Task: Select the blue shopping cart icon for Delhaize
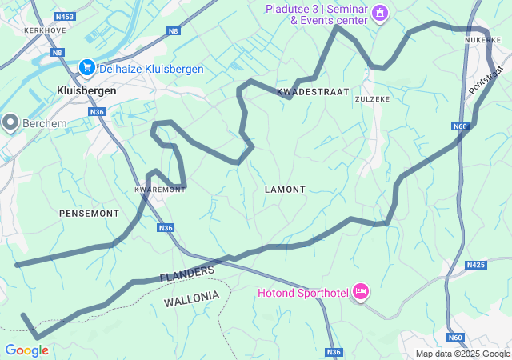tap(87, 69)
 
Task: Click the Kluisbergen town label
tap(86, 91)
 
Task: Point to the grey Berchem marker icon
tap(10, 122)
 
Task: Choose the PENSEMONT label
tap(89, 214)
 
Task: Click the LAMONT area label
tap(285, 190)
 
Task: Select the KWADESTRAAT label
tap(313, 92)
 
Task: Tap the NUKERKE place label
tap(482, 39)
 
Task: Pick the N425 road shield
tap(476, 265)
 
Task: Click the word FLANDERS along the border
tap(187, 274)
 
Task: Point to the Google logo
tap(26, 350)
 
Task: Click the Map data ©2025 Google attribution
tap(462, 354)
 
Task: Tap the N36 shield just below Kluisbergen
tap(98, 112)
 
